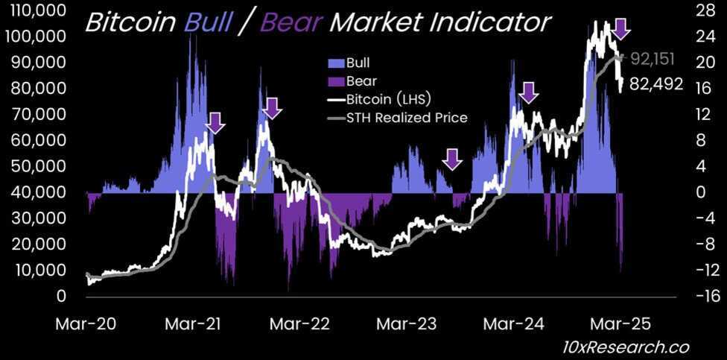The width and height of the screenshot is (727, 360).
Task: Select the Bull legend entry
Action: pyautogui.click(x=358, y=63)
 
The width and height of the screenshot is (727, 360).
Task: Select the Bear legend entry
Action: pyautogui.click(x=360, y=80)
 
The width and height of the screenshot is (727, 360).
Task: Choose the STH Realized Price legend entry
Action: pyautogui.click(x=407, y=117)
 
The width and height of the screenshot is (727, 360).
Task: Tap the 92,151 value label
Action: pyautogui.click(x=656, y=58)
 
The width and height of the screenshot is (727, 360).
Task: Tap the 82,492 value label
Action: pyautogui.click(x=656, y=84)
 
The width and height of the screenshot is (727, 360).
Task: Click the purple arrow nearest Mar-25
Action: pyautogui.click(x=621, y=29)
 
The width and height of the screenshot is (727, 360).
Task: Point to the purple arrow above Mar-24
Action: pyautogui.click(x=528, y=92)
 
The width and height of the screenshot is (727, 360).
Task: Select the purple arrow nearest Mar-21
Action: pyautogui.click(x=215, y=122)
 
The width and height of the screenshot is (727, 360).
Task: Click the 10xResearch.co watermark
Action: pyautogui.click(x=625, y=347)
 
